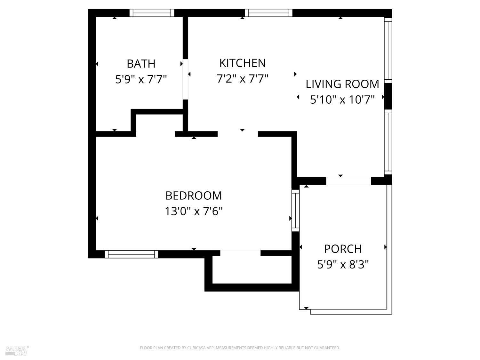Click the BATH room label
pos(141,64)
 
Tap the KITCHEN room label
pos(242,63)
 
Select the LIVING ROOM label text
pos(342,84)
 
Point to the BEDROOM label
pos(193,196)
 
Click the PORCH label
pos(343,249)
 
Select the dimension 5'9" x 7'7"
pos(141,79)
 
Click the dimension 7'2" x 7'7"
pos(242,78)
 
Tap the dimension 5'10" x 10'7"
pos(342,100)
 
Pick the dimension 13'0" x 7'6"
pos(193,211)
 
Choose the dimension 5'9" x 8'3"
pos(343,265)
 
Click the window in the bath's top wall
pos(152,13)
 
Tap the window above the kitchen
pos(268,13)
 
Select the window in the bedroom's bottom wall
pos(131,254)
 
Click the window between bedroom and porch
pos(295,210)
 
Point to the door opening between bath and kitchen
pos(185,79)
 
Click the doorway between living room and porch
pos(348,181)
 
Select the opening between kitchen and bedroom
pos(238,134)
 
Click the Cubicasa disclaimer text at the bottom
pos(240,348)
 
